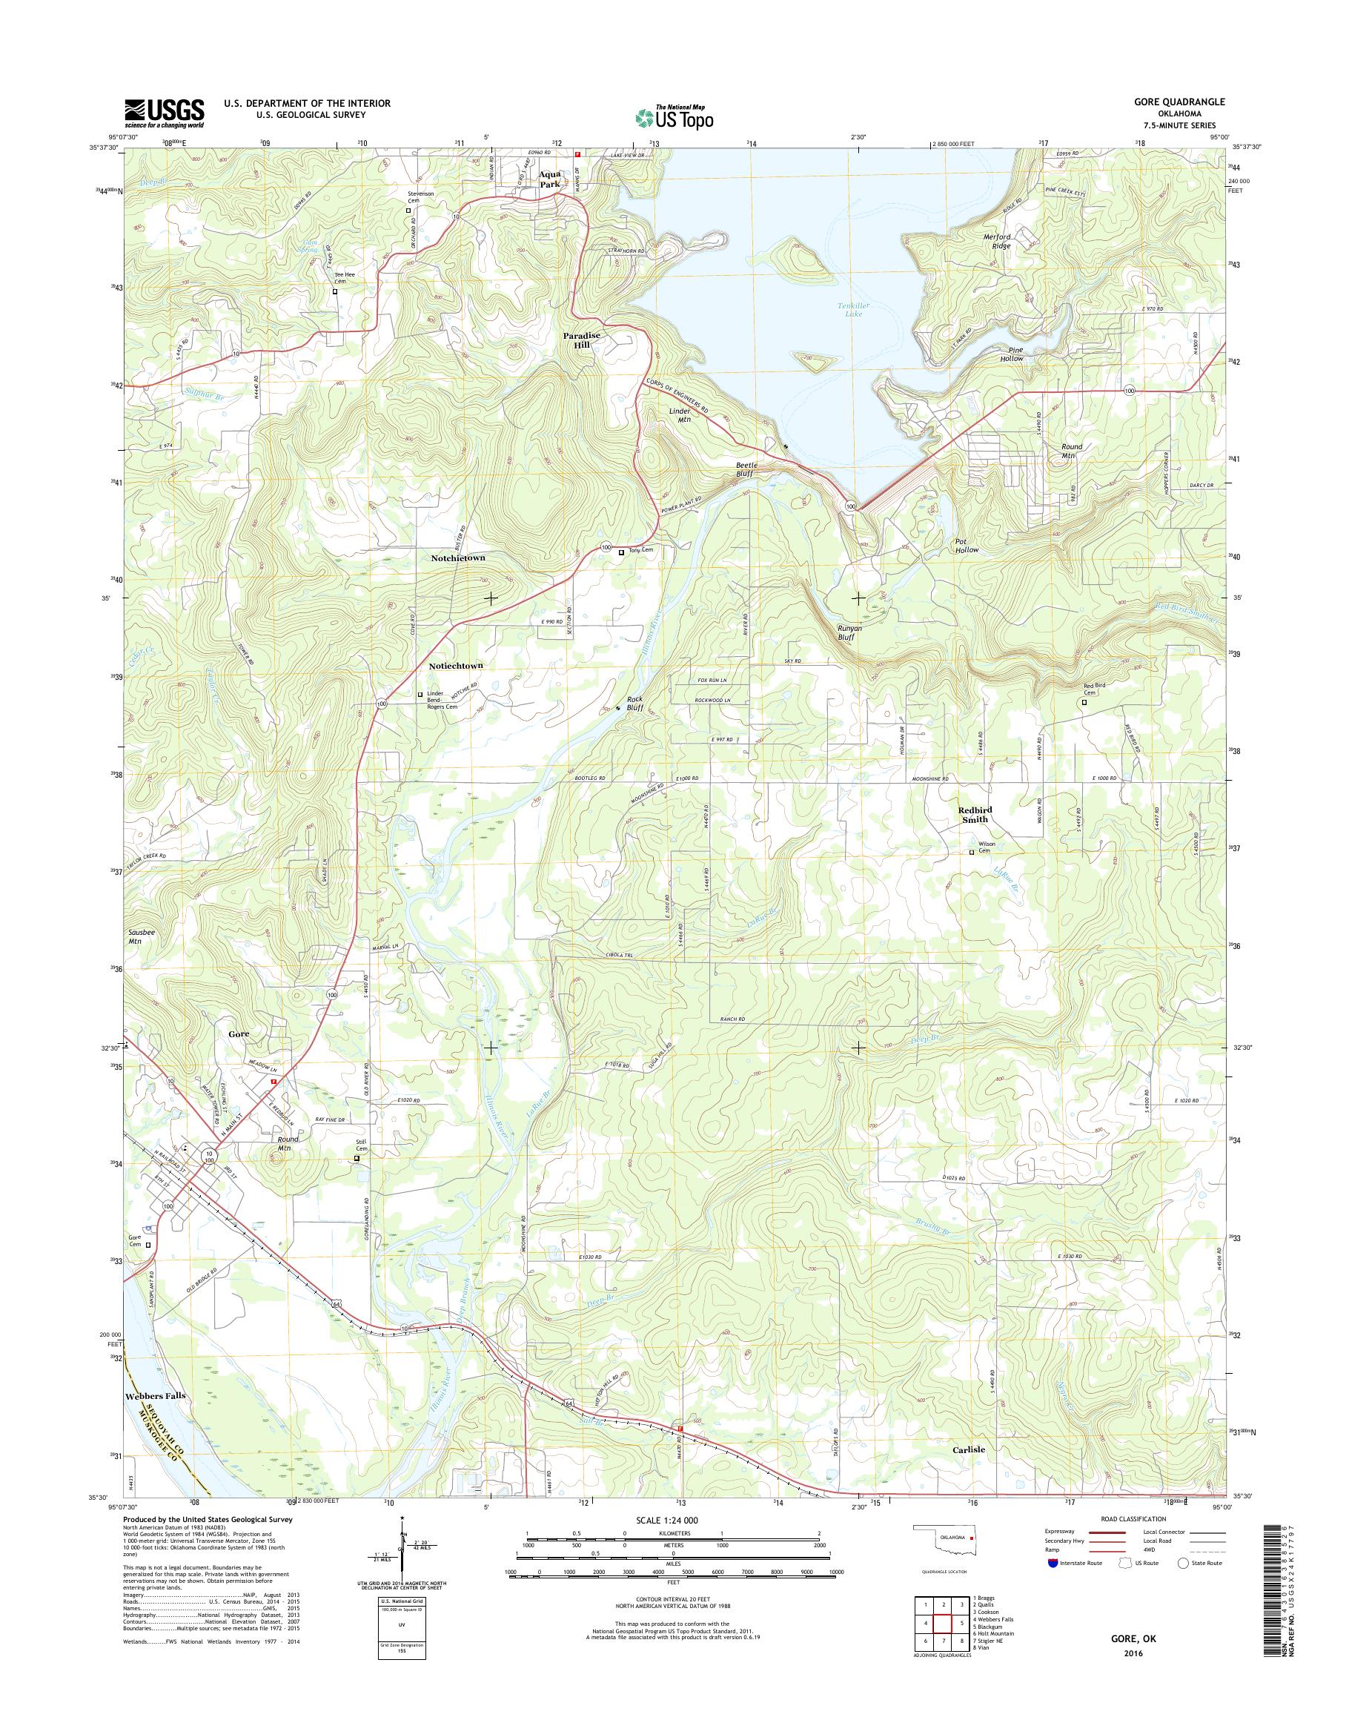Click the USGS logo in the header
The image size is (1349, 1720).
[164, 113]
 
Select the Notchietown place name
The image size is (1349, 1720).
[458, 558]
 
